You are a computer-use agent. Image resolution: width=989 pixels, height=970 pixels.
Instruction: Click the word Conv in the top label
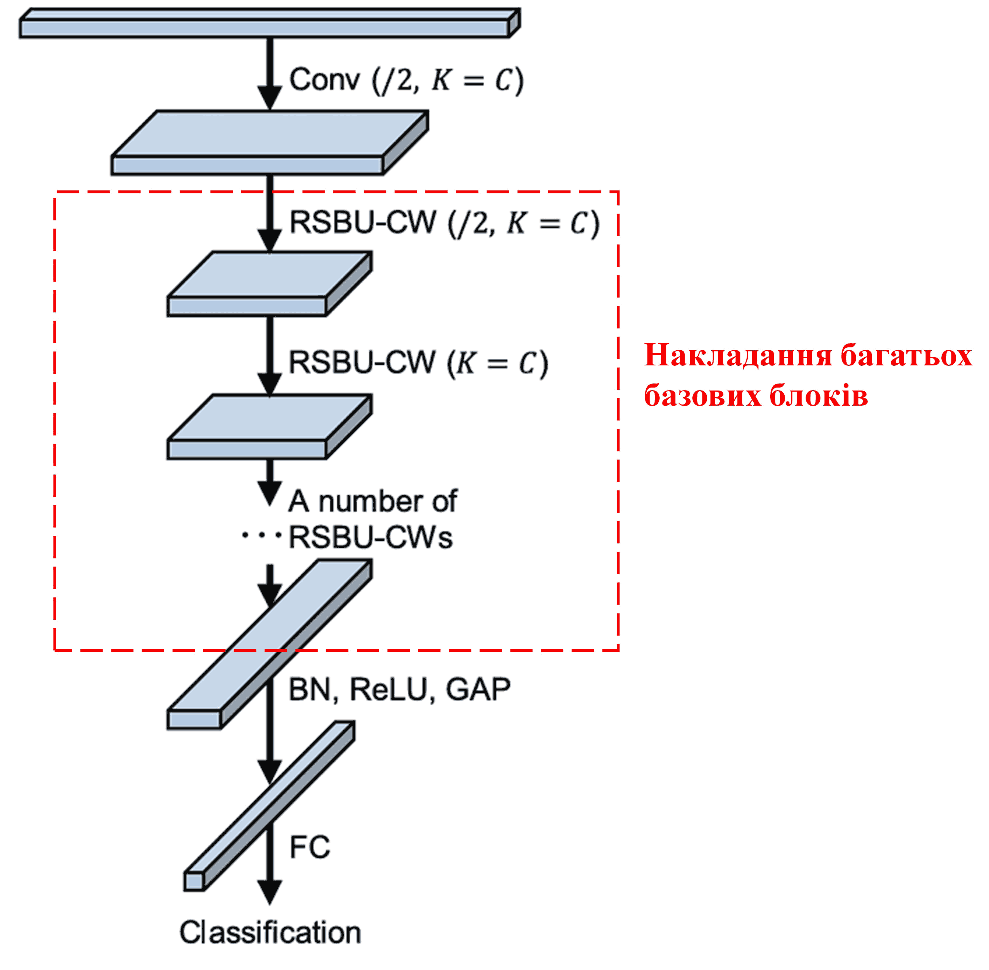click(x=324, y=80)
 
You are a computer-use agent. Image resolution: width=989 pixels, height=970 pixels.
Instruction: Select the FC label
click(x=309, y=847)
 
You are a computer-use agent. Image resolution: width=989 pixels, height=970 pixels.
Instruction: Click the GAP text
click(x=478, y=690)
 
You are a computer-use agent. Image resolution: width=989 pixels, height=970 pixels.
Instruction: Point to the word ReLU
click(x=388, y=690)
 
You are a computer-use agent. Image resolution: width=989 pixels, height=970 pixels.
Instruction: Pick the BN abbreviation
click(x=309, y=690)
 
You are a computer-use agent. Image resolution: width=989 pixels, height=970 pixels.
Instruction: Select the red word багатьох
click(x=906, y=355)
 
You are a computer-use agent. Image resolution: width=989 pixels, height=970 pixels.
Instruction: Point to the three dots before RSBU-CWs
click(x=261, y=536)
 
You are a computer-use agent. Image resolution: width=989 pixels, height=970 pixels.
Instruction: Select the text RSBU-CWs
click(x=370, y=537)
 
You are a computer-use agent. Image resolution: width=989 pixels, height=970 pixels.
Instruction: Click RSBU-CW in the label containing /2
click(x=363, y=223)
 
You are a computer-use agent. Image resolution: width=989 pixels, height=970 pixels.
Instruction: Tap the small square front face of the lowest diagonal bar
click(x=194, y=881)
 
